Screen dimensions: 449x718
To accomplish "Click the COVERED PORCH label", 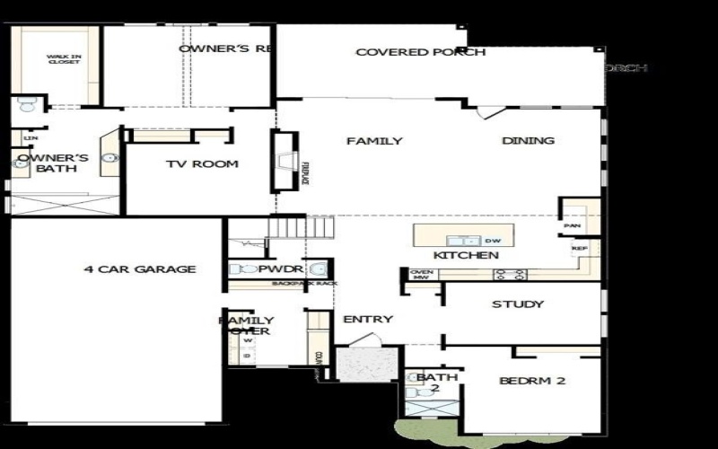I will pyautogui.click(x=420, y=52).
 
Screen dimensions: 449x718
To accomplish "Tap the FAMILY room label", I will pyautogui.click(x=374, y=141).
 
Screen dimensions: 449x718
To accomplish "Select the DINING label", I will pyautogui.click(x=528, y=141).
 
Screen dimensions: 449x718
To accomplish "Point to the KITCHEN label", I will pyautogui.click(x=466, y=256).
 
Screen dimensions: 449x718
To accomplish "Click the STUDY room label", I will pyautogui.click(x=518, y=304).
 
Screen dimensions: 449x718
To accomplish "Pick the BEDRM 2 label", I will pyautogui.click(x=532, y=381).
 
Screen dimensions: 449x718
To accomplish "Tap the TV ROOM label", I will pyautogui.click(x=202, y=164).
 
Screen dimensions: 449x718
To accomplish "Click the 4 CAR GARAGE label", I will pyautogui.click(x=140, y=269).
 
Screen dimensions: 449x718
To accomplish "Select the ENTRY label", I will pyautogui.click(x=368, y=319).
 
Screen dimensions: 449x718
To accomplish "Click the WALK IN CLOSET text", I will pyautogui.click(x=64, y=59).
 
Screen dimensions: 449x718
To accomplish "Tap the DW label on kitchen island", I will pyautogui.click(x=492, y=241).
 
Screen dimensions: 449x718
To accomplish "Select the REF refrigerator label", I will pyautogui.click(x=579, y=246).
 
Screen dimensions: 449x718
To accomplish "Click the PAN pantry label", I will pyautogui.click(x=571, y=226).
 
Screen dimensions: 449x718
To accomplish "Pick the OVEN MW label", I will pyautogui.click(x=421, y=275).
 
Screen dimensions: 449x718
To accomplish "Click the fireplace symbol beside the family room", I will pyautogui.click(x=285, y=161).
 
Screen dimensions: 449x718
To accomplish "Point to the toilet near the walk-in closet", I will pyautogui.click(x=26, y=105).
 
